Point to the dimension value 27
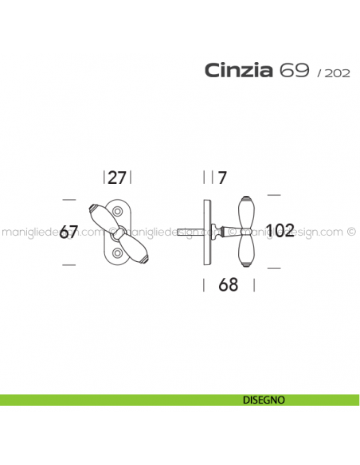coord(117,177)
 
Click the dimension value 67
coord(69,232)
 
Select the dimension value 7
coord(222,177)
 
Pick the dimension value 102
coord(280,231)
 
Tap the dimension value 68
coord(228,285)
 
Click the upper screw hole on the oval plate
coord(118,211)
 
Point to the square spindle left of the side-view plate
coord(196,232)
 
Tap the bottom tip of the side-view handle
coord(245,267)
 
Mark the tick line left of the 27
coord(104,177)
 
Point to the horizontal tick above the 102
coord(274,193)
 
